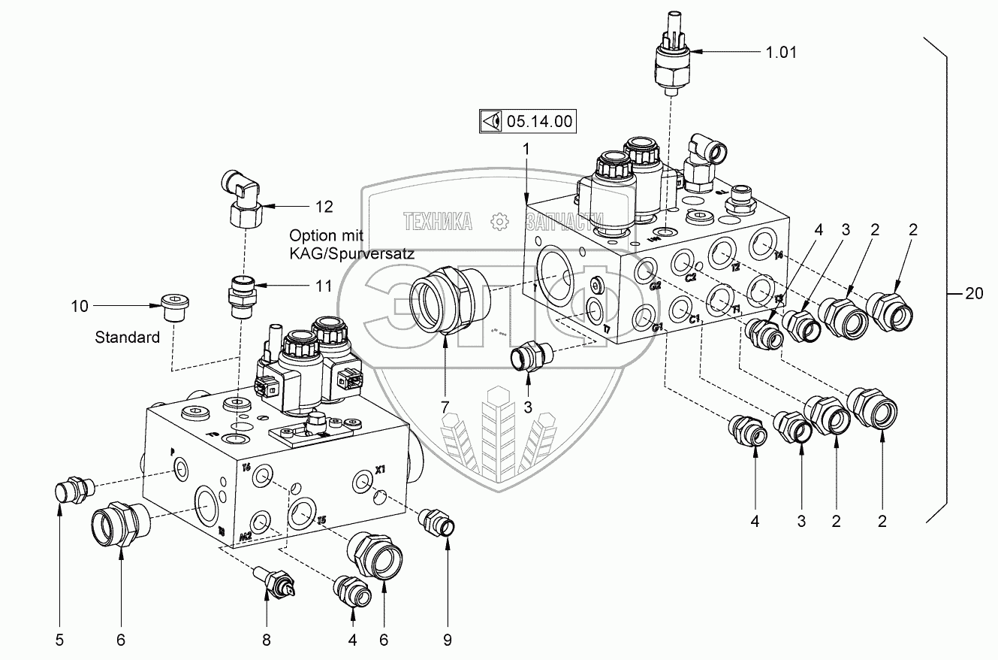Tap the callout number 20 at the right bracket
(973, 294)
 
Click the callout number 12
(324, 206)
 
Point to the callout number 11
(323, 286)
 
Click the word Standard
(127, 338)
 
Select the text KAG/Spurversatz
(352, 254)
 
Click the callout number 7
(445, 407)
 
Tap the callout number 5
(59, 640)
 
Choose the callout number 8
(266, 640)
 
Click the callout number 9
(448, 640)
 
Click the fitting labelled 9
(438, 520)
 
